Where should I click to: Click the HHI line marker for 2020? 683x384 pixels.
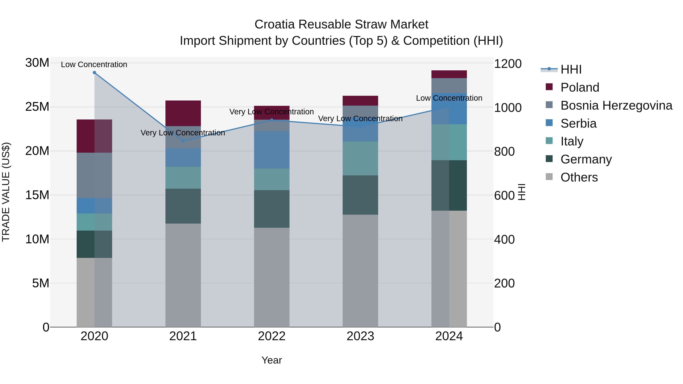(94, 73)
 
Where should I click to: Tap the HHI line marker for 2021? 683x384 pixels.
(183, 141)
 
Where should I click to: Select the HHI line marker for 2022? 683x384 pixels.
(271, 120)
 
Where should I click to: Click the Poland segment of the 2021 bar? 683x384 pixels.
(183, 113)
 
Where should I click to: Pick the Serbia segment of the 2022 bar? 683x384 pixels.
(271, 150)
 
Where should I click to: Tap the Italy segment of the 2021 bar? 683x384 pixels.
(183, 177)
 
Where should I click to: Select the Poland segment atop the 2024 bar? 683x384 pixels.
(449, 74)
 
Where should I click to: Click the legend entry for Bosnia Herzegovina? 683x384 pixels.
(616, 105)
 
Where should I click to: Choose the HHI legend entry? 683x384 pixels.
(571, 69)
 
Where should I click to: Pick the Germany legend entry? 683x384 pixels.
(586, 159)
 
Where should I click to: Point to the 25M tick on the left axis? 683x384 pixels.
(37, 107)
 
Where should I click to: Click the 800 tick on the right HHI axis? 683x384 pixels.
(504, 152)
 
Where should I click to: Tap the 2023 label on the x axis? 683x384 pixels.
(360, 336)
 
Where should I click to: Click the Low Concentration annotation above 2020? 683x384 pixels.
(94, 64)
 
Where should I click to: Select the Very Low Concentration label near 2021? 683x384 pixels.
(183, 133)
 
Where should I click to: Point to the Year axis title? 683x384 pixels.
(271, 360)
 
